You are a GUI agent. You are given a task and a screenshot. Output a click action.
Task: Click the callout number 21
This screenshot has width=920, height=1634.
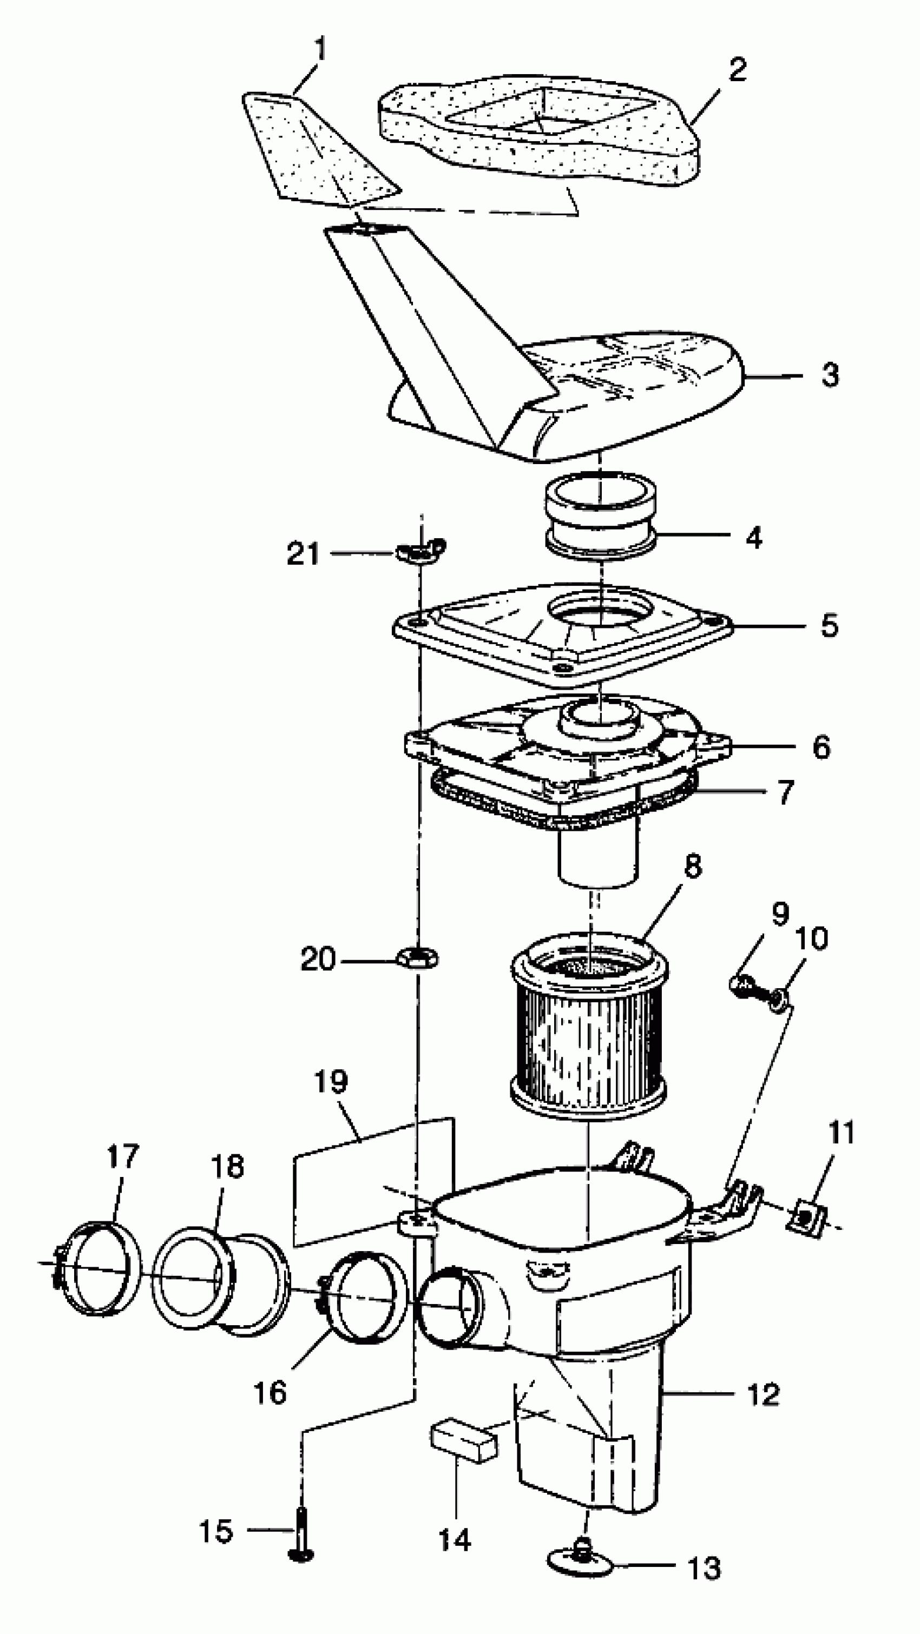point(303,554)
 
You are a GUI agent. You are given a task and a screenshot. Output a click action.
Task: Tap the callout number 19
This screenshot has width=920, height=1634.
point(331,1082)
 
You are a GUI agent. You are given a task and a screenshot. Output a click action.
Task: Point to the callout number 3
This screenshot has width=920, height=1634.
point(830,375)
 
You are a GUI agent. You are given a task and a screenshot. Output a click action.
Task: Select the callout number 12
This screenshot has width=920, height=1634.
point(763,1394)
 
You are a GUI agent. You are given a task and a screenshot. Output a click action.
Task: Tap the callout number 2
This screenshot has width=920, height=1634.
point(737,69)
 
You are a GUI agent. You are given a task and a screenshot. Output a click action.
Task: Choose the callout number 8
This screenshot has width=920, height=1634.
point(692,866)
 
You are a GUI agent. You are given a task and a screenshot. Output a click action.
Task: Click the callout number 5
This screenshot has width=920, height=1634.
point(829,625)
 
